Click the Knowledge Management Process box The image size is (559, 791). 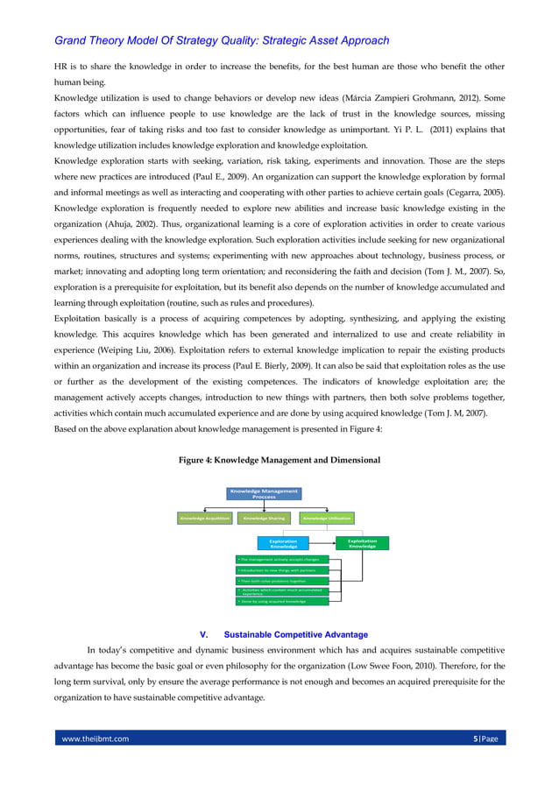[x=264, y=493]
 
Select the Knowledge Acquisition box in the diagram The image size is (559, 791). [x=204, y=519]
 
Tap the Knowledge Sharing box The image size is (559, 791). [x=265, y=519]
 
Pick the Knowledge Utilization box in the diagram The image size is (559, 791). [x=327, y=519]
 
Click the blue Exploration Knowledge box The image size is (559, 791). [x=282, y=543]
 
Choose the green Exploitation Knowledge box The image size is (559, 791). [x=362, y=543]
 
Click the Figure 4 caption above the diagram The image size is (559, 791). [x=279, y=460]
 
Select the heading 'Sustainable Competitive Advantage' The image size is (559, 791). [x=295, y=634]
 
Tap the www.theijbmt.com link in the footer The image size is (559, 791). [x=95, y=738]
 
